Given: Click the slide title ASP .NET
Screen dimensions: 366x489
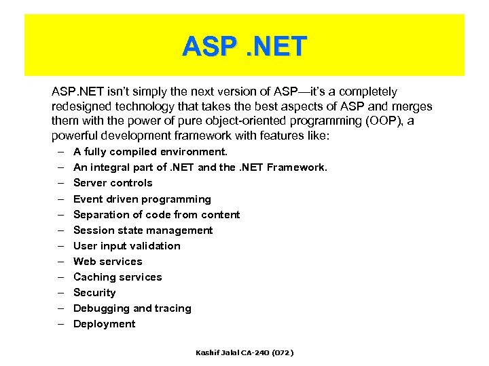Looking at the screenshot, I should pos(244,47).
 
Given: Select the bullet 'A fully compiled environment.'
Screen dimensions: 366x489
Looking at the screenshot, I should pos(150,152).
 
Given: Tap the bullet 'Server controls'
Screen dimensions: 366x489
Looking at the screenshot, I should pos(113,183).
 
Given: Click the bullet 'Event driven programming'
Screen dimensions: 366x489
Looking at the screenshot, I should pos(142,199).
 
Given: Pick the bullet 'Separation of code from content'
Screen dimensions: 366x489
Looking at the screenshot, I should pos(156,215).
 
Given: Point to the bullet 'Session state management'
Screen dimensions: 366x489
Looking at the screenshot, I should pos(143,230).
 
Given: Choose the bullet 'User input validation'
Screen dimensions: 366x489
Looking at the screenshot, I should pos(127,246).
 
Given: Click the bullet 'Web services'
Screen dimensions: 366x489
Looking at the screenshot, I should pos(108,262).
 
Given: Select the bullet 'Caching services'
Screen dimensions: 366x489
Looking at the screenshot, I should pos(117,277).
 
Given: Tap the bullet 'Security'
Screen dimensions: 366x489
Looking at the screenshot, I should pos(94,293).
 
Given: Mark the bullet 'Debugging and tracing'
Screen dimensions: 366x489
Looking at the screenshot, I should pos(132,308).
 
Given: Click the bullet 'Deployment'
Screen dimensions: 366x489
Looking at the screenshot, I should pos(105,324).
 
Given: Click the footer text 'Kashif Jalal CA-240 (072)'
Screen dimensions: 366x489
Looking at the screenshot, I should pos(244,353).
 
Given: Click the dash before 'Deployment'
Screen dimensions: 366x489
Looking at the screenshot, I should pos(60,324).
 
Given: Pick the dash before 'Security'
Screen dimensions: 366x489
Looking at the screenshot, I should pos(60,293).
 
